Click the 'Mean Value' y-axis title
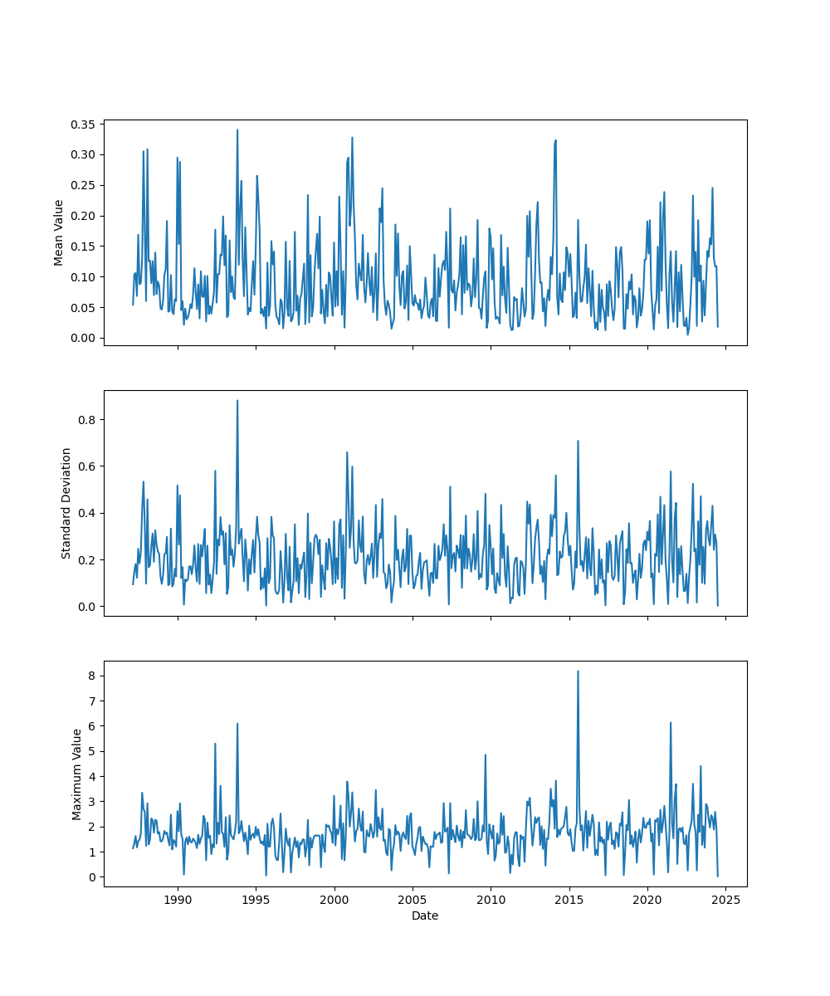pyautogui.click(x=59, y=232)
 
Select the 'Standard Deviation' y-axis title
pyautogui.click(x=66, y=503)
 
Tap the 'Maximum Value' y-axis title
pyautogui.click(x=77, y=774)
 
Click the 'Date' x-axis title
pyautogui.click(x=425, y=915)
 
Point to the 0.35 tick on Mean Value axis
pyautogui.click(x=85, y=124)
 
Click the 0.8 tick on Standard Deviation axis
pyautogui.click(x=89, y=420)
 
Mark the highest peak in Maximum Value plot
pyautogui.click(x=578, y=671)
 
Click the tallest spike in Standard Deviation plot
pyautogui.click(x=237, y=401)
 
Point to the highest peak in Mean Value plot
pyautogui.click(x=237, y=129)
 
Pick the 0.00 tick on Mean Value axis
pyautogui.click(x=85, y=338)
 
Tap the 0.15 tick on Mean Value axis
pyautogui.click(x=85, y=247)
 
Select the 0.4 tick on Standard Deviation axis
pyautogui.click(x=89, y=513)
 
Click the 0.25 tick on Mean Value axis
pyautogui.click(x=85, y=185)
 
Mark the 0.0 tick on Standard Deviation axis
pyautogui.click(x=89, y=607)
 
